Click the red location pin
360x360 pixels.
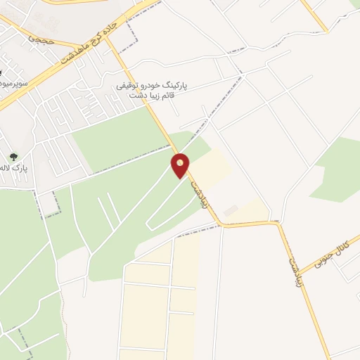181,165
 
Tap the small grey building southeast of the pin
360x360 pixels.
230,210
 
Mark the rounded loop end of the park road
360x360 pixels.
150,224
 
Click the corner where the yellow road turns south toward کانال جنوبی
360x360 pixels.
279,224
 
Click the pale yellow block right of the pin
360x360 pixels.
210,169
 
